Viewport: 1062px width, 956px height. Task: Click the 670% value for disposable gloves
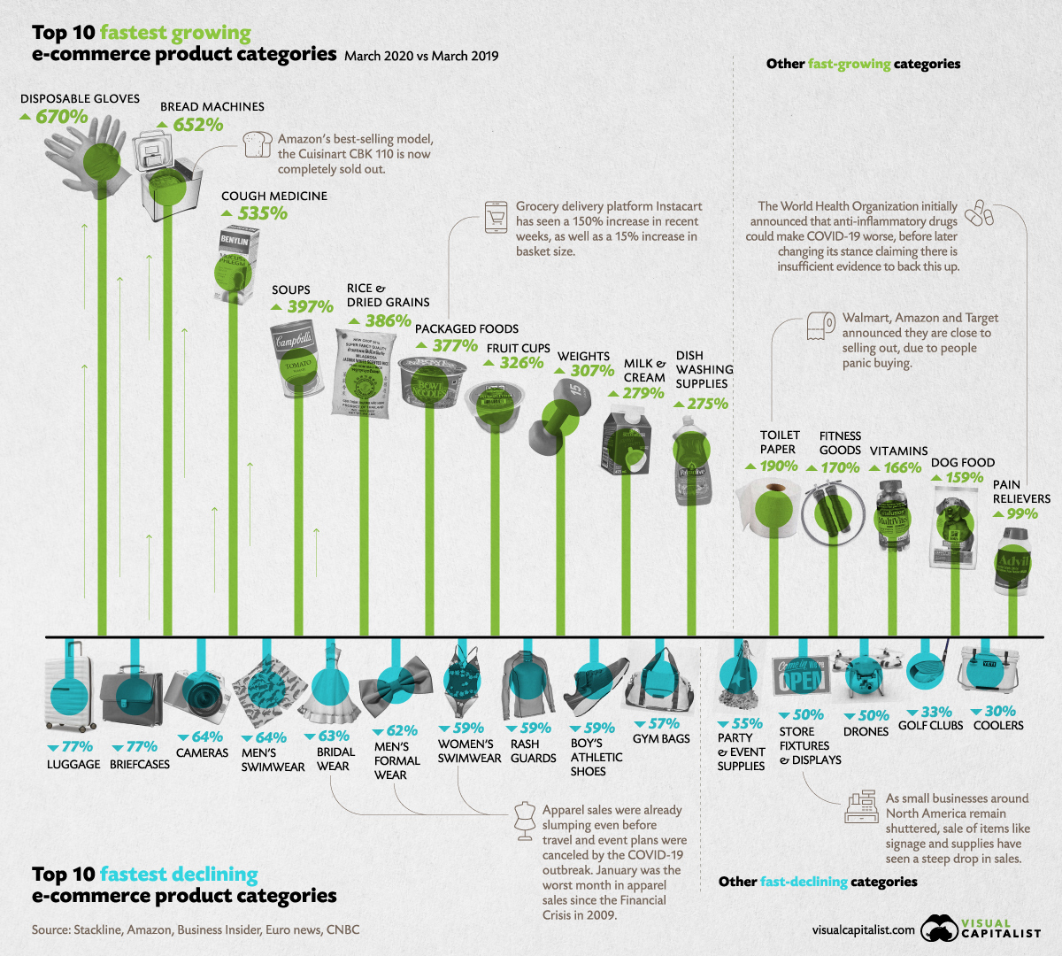tap(61, 117)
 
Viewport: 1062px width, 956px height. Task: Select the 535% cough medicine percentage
tap(262, 213)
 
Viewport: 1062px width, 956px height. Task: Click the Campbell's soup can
tap(295, 358)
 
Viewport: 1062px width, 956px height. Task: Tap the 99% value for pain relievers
tap(1021, 514)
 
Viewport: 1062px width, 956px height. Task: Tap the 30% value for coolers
tap(1000, 712)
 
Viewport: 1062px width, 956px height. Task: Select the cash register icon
tap(862, 807)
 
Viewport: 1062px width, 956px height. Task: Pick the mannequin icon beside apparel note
tap(525, 821)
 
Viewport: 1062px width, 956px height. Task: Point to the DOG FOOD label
tap(963, 462)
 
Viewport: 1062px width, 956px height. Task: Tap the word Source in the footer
tap(50, 930)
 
